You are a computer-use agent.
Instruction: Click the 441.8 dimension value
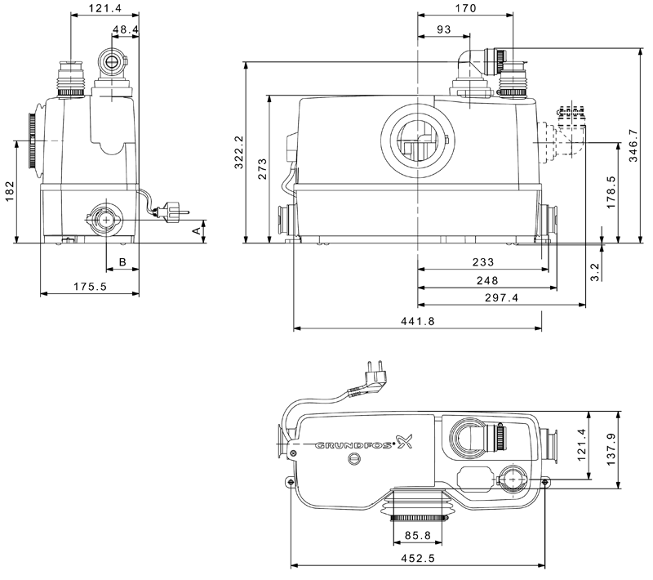pos(417,321)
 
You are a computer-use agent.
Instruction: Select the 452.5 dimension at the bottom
pos(417,558)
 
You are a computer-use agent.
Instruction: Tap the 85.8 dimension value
pos(417,535)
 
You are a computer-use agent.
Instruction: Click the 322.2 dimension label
pos(238,152)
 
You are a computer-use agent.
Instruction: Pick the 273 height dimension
pos(262,168)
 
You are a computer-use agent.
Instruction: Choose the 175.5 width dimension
pos(90,286)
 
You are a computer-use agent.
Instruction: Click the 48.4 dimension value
pos(126,29)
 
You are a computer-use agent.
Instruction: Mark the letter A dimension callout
pos(197,231)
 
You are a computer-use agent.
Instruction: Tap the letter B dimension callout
pos(122,261)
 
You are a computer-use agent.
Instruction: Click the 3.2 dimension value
pos(594,272)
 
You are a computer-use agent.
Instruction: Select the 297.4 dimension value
pos(501,297)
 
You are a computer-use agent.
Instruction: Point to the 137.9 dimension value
pos(611,449)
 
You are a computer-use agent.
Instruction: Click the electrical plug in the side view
pos(171,212)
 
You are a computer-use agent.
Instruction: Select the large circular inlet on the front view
pos(418,139)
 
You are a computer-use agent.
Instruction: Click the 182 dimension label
pos(10,191)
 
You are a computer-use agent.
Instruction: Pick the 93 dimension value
pos(444,29)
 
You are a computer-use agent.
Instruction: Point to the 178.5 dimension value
pos(611,192)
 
